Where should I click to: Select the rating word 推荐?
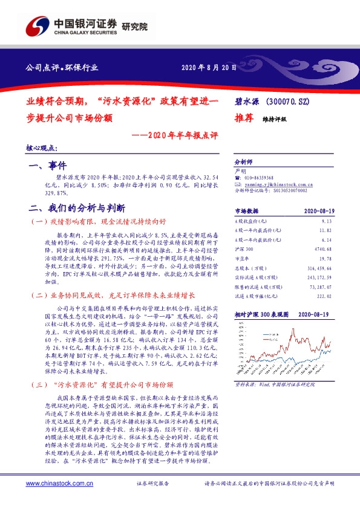click(244, 118)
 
